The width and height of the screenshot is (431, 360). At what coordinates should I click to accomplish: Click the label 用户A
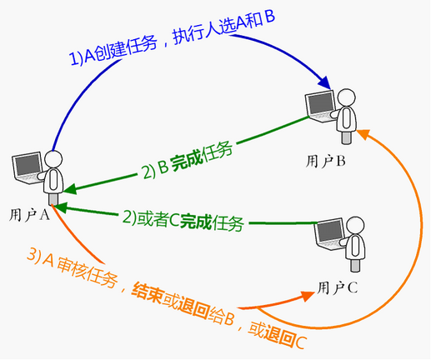pos(29,215)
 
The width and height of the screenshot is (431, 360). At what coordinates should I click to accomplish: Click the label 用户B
pos(326,161)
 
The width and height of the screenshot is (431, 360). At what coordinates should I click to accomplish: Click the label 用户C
pos(338,287)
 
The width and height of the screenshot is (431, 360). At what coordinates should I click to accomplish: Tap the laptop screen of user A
pos(28,166)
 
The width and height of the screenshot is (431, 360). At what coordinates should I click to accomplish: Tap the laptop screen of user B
pos(321,103)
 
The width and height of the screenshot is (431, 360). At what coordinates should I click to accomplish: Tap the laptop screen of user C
pos(330,232)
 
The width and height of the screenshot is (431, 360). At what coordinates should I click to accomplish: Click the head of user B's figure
pos(346,97)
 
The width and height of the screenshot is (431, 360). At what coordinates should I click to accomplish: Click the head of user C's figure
pos(355,226)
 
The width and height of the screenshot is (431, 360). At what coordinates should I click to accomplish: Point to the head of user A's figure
pos(53,159)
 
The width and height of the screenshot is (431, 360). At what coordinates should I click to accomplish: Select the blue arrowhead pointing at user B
pos(324,82)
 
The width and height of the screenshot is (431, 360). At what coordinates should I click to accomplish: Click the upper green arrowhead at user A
pos(70,189)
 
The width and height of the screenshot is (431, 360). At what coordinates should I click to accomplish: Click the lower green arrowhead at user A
pos(60,207)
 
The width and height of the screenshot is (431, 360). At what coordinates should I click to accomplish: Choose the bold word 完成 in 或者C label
pos(196,222)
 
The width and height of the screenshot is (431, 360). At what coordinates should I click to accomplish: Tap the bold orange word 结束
pos(148,293)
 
